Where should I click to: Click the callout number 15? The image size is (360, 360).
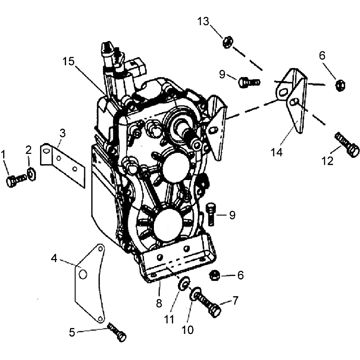pos(68,62)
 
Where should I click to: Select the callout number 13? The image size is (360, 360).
pos(203,21)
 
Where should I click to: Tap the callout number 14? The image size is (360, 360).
pos(276,152)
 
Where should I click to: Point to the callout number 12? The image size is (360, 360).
pos(328,161)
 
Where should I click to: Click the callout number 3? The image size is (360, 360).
pos(63,133)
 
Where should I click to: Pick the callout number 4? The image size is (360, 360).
pos(54,258)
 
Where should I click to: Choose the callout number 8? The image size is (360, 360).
pos(159,303)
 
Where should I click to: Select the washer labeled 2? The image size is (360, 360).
pos(31,174)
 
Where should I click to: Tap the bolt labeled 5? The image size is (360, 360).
pos(117,332)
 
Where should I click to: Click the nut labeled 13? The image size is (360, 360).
pos(228,42)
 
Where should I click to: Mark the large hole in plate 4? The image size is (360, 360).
pos(83,274)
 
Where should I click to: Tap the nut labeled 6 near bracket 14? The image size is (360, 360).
pos(340,85)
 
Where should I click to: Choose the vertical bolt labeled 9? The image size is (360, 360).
pos(211,214)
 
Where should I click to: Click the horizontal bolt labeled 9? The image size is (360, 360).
pos(249,82)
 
